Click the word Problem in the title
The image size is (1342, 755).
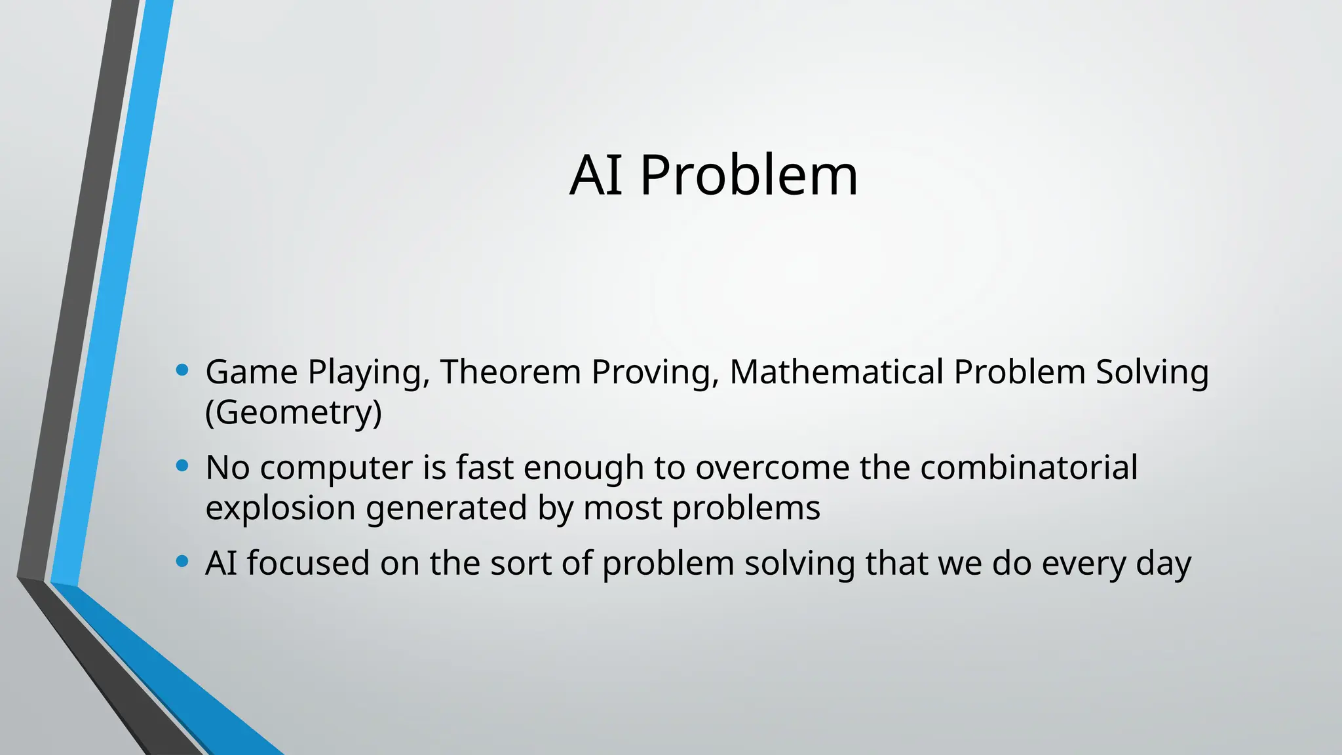748,176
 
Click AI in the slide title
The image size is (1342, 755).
596,176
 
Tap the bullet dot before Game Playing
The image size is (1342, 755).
182,370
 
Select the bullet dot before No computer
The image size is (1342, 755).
182,466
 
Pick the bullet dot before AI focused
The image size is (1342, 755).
182,562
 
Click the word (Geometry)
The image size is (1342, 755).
293,412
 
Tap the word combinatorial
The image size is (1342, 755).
1029,467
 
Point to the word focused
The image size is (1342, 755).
308,563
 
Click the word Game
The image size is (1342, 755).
252,372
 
